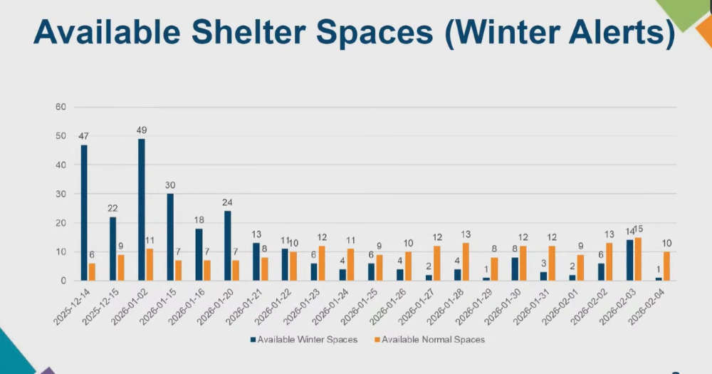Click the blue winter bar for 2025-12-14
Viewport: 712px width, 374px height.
tap(84, 213)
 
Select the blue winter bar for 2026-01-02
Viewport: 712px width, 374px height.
tap(142, 210)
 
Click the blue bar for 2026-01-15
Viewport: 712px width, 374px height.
tap(170, 237)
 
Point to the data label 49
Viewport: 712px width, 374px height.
tap(141, 130)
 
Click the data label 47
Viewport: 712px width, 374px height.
tap(83, 136)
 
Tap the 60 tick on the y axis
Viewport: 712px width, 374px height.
tap(61, 107)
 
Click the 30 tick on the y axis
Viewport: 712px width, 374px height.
tap(61, 194)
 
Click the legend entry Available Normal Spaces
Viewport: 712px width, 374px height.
tap(433, 339)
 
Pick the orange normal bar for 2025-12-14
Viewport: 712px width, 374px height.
tap(92, 272)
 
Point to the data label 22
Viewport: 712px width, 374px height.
tap(112, 209)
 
